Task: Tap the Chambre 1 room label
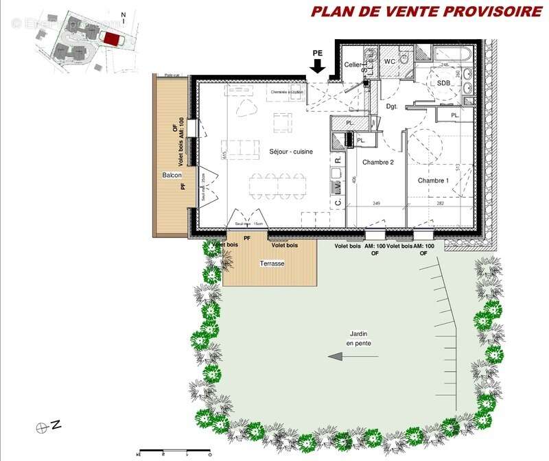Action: [x=434, y=180]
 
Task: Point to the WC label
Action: [x=390, y=62]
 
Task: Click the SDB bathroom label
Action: [x=445, y=82]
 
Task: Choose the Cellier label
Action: [x=353, y=64]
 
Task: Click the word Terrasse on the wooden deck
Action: [x=272, y=263]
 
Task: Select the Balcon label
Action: [x=172, y=175]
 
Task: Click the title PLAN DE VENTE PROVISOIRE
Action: [x=426, y=11]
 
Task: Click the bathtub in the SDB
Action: [x=451, y=54]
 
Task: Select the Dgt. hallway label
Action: [x=392, y=107]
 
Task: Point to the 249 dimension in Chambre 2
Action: [x=376, y=204]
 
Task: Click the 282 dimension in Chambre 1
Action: [x=441, y=204]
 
